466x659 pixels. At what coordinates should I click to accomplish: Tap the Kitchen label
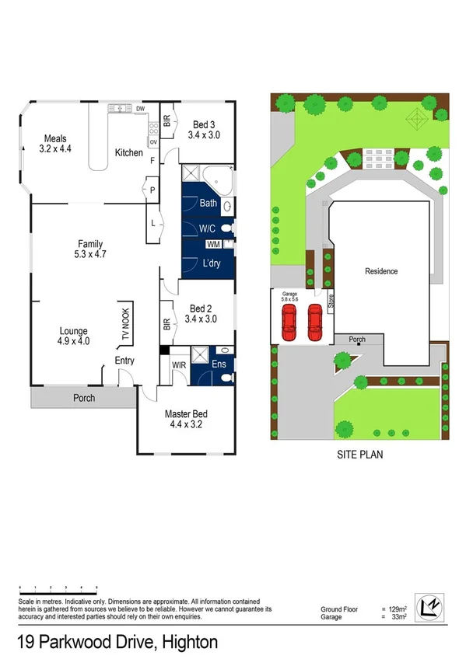[128, 153]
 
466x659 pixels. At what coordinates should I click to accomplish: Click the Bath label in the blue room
[208, 204]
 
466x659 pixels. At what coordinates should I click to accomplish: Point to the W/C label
[207, 229]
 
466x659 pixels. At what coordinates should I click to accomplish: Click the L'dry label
[208, 263]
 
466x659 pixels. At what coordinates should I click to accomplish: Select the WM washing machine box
[213, 245]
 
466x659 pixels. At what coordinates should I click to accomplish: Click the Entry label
[124, 361]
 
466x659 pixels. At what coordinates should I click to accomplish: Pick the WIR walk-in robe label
[177, 364]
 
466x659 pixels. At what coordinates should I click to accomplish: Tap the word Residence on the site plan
[381, 271]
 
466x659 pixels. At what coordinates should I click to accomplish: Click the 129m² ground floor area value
[398, 608]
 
